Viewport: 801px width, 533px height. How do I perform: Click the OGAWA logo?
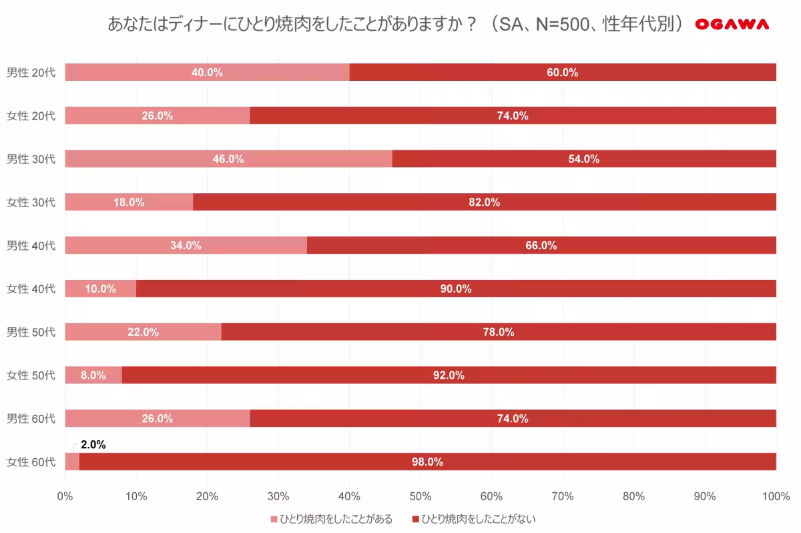click(x=732, y=25)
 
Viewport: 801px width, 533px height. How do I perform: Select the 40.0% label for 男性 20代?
click(x=207, y=72)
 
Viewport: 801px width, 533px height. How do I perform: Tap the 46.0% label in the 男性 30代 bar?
click(x=228, y=159)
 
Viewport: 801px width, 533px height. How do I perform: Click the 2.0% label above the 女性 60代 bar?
click(x=93, y=444)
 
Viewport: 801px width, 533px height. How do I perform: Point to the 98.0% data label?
click(x=427, y=462)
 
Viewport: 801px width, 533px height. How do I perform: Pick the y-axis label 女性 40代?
click(x=31, y=289)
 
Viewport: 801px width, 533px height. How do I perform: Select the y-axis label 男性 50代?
click(x=31, y=332)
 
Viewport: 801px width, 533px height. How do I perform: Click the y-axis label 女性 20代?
click(x=31, y=116)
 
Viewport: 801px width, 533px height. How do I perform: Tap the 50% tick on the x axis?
click(x=421, y=496)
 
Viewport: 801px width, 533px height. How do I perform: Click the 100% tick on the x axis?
click(x=775, y=496)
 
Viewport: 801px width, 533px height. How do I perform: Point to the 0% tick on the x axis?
click(x=65, y=496)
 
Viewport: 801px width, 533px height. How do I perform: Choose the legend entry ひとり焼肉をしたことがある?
click(x=331, y=519)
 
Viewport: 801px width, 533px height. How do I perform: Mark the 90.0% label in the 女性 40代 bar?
click(x=456, y=289)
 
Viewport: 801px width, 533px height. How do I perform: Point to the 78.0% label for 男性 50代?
click(x=499, y=332)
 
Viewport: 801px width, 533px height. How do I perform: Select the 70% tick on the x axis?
click(x=563, y=496)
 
